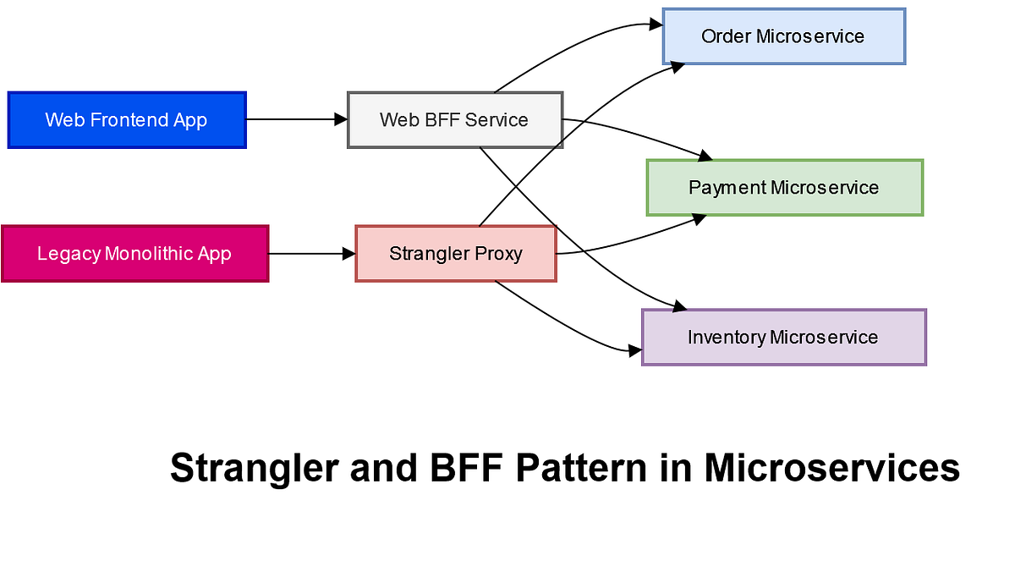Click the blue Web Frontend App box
(126, 120)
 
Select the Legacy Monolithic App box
(134, 253)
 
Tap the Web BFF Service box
(455, 120)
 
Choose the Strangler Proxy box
(456, 253)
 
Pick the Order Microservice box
(783, 36)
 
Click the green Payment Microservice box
(784, 187)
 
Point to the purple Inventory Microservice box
(783, 337)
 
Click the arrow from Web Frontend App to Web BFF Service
(296, 120)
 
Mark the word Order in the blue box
(726, 36)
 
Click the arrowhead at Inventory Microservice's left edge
(635, 349)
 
